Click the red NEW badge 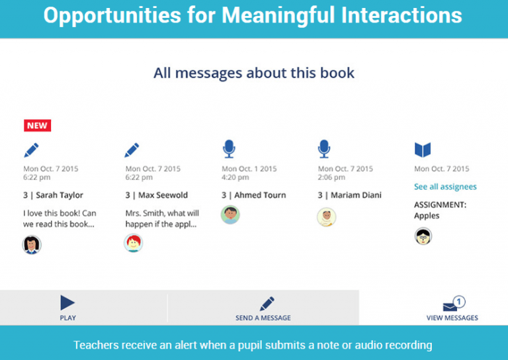click(37, 125)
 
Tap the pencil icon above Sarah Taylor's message click(32, 150)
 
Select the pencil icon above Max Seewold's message click(132, 150)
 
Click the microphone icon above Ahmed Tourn click(229, 149)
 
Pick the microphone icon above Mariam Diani click(324, 149)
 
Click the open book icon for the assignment click(423, 150)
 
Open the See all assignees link click(445, 187)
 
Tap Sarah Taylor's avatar click(32, 244)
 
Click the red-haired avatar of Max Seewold click(133, 243)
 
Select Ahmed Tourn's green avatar click(230, 214)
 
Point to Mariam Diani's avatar click(327, 217)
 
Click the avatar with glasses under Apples click(423, 236)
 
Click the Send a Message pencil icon click(267, 304)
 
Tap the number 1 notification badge click(459, 302)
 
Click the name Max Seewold click(163, 195)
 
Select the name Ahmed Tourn click(260, 195)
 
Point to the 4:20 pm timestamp click(235, 177)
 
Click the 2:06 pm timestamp click(331, 177)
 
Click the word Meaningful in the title click(278, 16)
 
